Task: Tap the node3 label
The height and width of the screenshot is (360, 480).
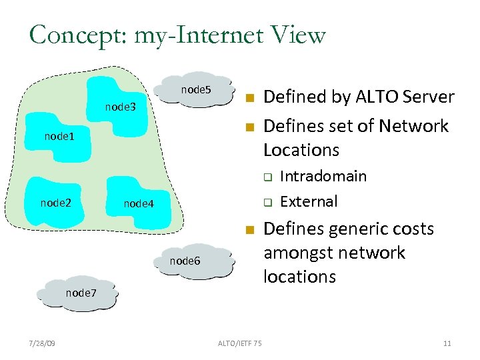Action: pyautogui.click(x=121, y=107)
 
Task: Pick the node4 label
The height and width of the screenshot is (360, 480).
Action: pyautogui.click(x=139, y=204)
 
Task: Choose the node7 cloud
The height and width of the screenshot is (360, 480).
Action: pyautogui.click(x=81, y=293)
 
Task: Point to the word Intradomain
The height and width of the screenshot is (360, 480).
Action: pyautogui.click(x=323, y=176)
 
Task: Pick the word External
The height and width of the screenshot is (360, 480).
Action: pyautogui.click(x=309, y=201)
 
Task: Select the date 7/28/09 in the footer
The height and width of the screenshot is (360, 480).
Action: pyautogui.click(x=43, y=343)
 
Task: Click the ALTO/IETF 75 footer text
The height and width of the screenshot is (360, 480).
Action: pyautogui.click(x=240, y=343)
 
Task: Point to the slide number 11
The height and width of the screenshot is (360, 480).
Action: pyautogui.click(x=447, y=343)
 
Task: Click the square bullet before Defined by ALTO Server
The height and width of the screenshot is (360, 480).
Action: pyautogui.click(x=249, y=99)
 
